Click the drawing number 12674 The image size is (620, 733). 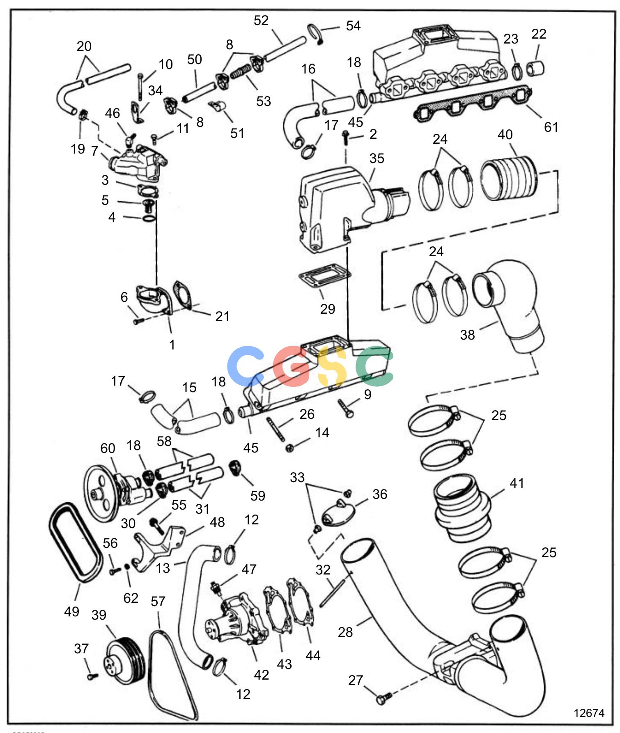(589, 712)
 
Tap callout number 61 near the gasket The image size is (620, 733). (551, 127)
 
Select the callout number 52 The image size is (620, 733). (261, 21)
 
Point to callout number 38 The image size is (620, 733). (467, 335)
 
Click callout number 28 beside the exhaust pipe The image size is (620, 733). (345, 632)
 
